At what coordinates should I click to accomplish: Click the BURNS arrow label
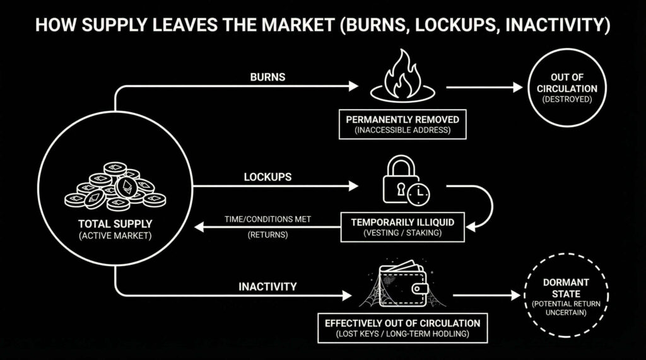[x=269, y=78]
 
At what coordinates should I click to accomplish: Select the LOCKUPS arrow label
[x=267, y=177]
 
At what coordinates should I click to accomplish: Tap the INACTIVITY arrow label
[x=267, y=287]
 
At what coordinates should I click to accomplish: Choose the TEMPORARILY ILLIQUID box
[x=402, y=226]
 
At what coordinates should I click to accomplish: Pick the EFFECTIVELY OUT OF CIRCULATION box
[x=402, y=328]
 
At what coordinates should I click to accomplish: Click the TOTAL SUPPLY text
[x=115, y=224]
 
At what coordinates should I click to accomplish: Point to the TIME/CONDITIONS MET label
[x=267, y=219]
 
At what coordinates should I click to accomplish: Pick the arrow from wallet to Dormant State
[x=484, y=295]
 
